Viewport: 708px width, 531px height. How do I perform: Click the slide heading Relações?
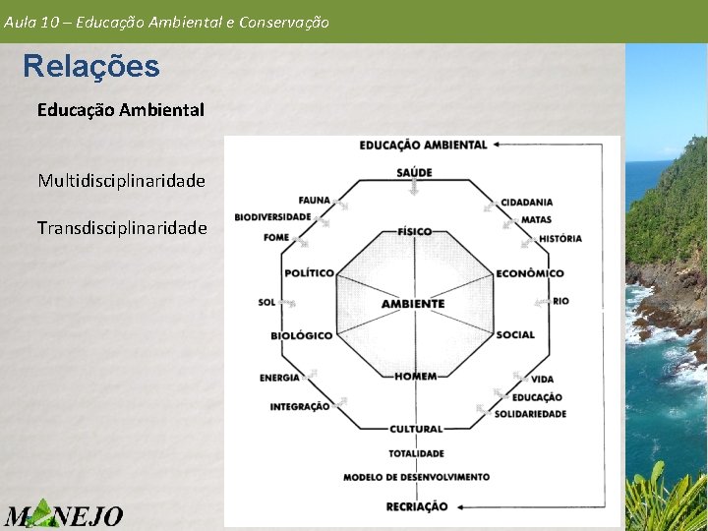(x=90, y=67)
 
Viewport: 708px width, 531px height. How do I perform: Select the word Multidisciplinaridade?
(x=121, y=181)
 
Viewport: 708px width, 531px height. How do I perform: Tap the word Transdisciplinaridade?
(x=122, y=228)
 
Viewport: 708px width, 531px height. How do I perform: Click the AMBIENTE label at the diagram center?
(x=413, y=304)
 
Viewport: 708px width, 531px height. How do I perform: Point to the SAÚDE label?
(x=415, y=173)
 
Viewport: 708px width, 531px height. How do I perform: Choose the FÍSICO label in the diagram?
(x=415, y=232)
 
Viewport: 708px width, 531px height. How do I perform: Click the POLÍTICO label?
(x=309, y=272)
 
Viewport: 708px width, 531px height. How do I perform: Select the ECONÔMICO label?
(x=530, y=273)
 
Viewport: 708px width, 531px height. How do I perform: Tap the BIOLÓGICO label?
(x=302, y=335)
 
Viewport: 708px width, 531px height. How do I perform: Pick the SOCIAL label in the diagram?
(x=515, y=335)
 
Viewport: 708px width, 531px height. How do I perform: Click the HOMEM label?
(x=415, y=377)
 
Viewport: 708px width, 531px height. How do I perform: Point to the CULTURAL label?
(x=416, y=429)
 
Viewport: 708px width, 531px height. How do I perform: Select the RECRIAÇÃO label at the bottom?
(x=417, y=506)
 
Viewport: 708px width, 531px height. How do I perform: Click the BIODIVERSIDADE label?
(x=272, y=217)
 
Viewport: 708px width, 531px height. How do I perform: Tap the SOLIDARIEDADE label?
(x=530, y=414)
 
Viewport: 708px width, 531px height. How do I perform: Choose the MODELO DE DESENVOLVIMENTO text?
(x=416, y=477)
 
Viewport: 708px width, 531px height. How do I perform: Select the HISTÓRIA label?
(x=560, y=238)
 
